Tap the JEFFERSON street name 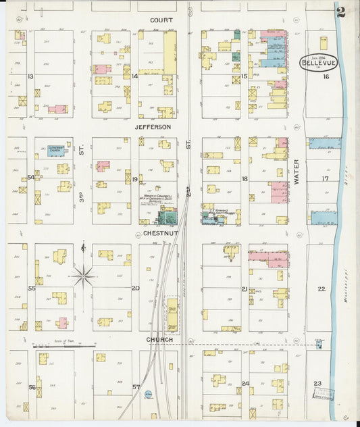pyautogui.click(x=153, y=126)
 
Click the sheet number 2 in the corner pyautogui.click(x=342, y=11)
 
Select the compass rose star pyautogui.click(x=83, y=274)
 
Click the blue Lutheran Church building pyautogui.click(x=55, y=151)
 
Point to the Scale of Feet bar pyautogui.click(x=64, y=346)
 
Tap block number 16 pyautogui.click(x=326, y=77)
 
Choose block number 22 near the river pyautogui.click(x=322, y=288)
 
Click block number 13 pyautogui.click(x=30, y=76)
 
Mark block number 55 pyautogui.click(x=31, y=288)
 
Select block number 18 pyautogui.click(x=245, y=179)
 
